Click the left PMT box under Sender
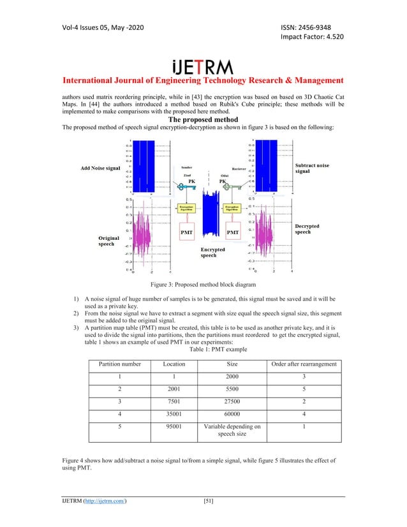187,233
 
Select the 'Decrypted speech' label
307,230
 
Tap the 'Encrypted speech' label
212,253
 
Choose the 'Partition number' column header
120,364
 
